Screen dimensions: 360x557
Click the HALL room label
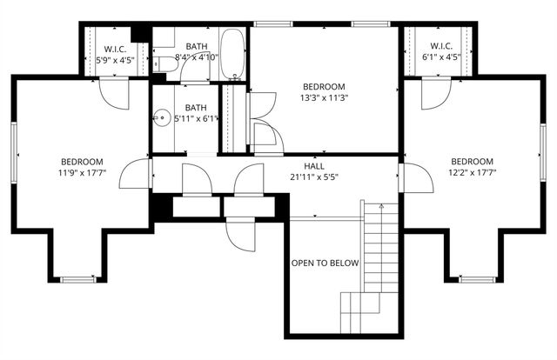[314, 165]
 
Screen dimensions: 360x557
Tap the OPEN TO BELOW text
[325, 263]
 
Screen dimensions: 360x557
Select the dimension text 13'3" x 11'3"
[324, 98]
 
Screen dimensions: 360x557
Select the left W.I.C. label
[117, 48]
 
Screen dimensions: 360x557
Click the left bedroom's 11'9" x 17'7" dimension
[82, 173]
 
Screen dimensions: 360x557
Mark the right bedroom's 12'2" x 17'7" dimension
[472, 173]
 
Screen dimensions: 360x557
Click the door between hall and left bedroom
[135, 176]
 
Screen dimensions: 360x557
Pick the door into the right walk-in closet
[438, 93]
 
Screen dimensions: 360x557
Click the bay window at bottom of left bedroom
[77, 279]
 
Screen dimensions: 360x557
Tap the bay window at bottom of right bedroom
[475, 279]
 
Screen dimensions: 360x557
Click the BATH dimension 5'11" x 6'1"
[196, 118]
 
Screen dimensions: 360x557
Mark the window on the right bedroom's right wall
[542, 148]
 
